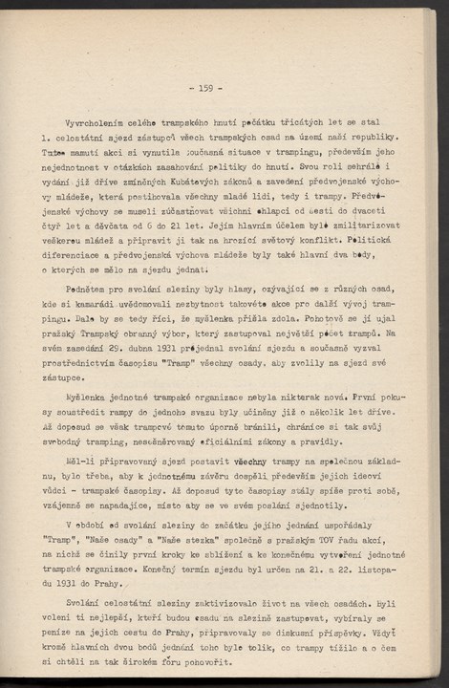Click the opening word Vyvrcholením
point(96,123)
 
